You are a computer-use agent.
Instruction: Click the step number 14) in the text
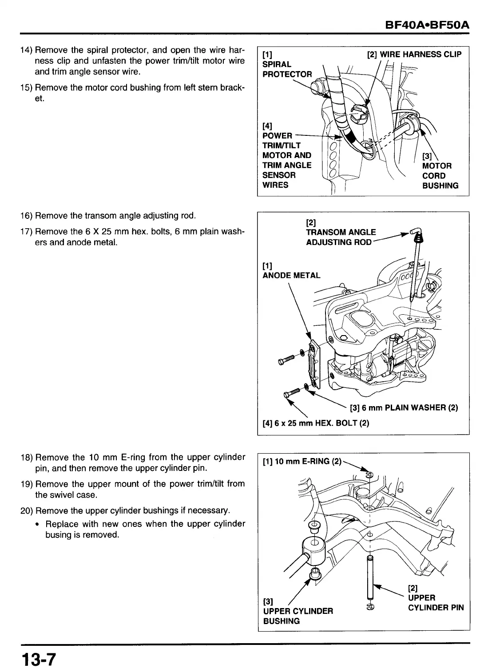26,50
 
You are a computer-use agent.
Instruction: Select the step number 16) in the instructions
26,216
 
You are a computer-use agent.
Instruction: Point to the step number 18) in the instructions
26,458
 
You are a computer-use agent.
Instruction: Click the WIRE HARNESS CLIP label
414,55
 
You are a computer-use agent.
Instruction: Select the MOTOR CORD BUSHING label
440,176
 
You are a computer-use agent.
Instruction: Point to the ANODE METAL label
291,275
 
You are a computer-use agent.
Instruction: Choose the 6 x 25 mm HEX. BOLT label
316,423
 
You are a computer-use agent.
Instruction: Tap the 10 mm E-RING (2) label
302,462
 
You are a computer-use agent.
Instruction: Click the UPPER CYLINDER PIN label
435,603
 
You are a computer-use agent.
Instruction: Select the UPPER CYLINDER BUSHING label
298,616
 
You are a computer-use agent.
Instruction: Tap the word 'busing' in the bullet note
58,535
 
